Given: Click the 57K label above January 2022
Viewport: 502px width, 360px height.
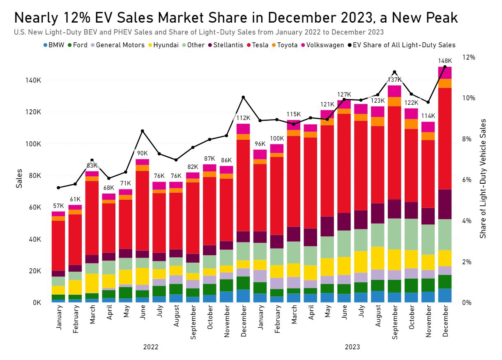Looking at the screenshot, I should (58, 206).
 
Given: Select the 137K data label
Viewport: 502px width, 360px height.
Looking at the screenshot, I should (394, 80).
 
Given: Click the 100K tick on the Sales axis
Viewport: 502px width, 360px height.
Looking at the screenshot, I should (33, 144).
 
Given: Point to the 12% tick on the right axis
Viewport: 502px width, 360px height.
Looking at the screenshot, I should (468, 57).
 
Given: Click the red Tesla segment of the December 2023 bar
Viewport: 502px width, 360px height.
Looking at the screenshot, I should (445, 138).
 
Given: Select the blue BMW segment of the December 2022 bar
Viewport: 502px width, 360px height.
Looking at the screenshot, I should (243, 296).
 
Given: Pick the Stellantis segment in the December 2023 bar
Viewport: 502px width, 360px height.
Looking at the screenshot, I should (445, 204).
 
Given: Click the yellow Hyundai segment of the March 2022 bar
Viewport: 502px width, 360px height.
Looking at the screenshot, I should (92, 283).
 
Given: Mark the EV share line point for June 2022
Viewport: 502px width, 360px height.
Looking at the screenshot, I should (143, 131).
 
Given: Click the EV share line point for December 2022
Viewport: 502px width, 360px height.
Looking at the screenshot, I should (243, 97).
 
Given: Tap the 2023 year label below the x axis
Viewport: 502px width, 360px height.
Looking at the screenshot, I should (352, 347).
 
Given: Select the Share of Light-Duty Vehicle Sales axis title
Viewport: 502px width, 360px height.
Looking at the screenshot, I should (483, 178).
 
